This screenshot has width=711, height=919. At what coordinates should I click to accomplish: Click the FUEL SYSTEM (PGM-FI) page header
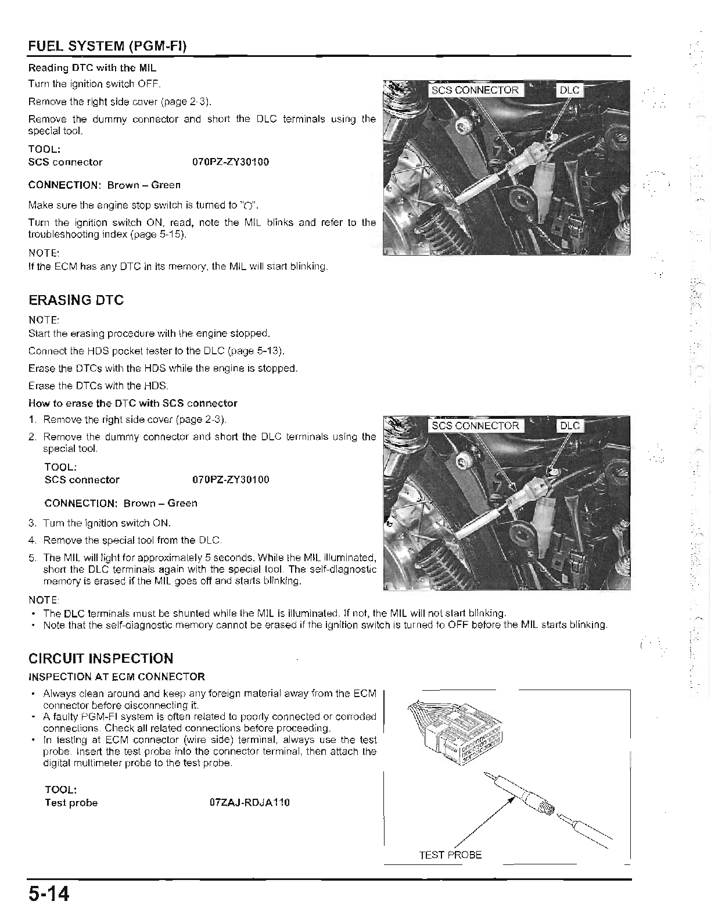point(107,46)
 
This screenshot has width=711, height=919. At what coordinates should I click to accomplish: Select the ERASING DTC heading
point(76,300)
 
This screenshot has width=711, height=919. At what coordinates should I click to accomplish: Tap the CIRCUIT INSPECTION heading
point(100,658)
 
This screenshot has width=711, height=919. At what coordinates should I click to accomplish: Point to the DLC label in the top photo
point(569,90)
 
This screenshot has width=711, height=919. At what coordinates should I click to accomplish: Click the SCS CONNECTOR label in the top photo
point(475,90)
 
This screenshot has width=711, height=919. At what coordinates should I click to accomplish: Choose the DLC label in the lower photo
point(569,426)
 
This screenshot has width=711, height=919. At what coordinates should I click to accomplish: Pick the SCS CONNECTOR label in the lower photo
point(475,426)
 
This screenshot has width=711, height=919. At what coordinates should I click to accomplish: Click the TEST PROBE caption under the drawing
point(450,855)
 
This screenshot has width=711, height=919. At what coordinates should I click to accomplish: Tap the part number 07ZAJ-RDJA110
point(249,803)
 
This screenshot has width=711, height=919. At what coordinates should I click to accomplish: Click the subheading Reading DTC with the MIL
point(92,68)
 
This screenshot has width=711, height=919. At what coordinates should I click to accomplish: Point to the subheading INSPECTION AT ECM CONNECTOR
point(117,677)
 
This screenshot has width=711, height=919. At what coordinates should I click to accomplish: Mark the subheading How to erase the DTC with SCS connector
point(133,403)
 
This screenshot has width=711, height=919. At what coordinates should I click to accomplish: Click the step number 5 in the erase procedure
point(32,558)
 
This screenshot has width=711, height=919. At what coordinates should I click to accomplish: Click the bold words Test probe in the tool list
point(71,803)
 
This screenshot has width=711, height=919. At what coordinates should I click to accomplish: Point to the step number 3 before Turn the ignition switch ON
point(32,523)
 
